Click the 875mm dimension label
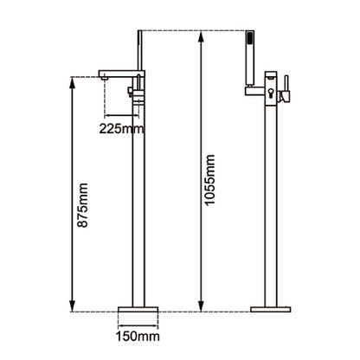click(83, 205)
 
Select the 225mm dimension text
click(121, 129)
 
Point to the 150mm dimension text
click(138, 337)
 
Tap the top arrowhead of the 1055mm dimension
click(202, 36)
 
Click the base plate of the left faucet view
click(138, 309)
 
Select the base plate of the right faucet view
click(271, 309)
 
